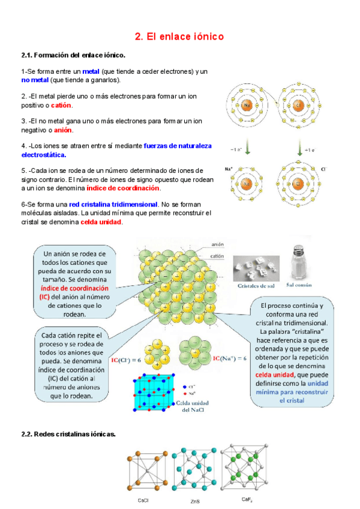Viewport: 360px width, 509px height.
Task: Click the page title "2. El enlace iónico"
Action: tap(179, 37)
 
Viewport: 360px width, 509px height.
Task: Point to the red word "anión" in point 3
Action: tap(63, 130)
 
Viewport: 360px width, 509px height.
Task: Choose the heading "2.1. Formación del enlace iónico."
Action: tap(73, 55)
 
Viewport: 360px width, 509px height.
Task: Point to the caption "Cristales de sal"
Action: tap(255, 286)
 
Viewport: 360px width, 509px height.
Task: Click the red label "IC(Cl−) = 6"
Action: tap(127, 360)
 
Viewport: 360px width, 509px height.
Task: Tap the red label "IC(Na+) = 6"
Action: tap(230, 358)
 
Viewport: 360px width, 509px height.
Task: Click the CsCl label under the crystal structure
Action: tap(143, 500)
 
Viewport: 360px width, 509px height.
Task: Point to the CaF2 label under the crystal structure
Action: tap(247, 500)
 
